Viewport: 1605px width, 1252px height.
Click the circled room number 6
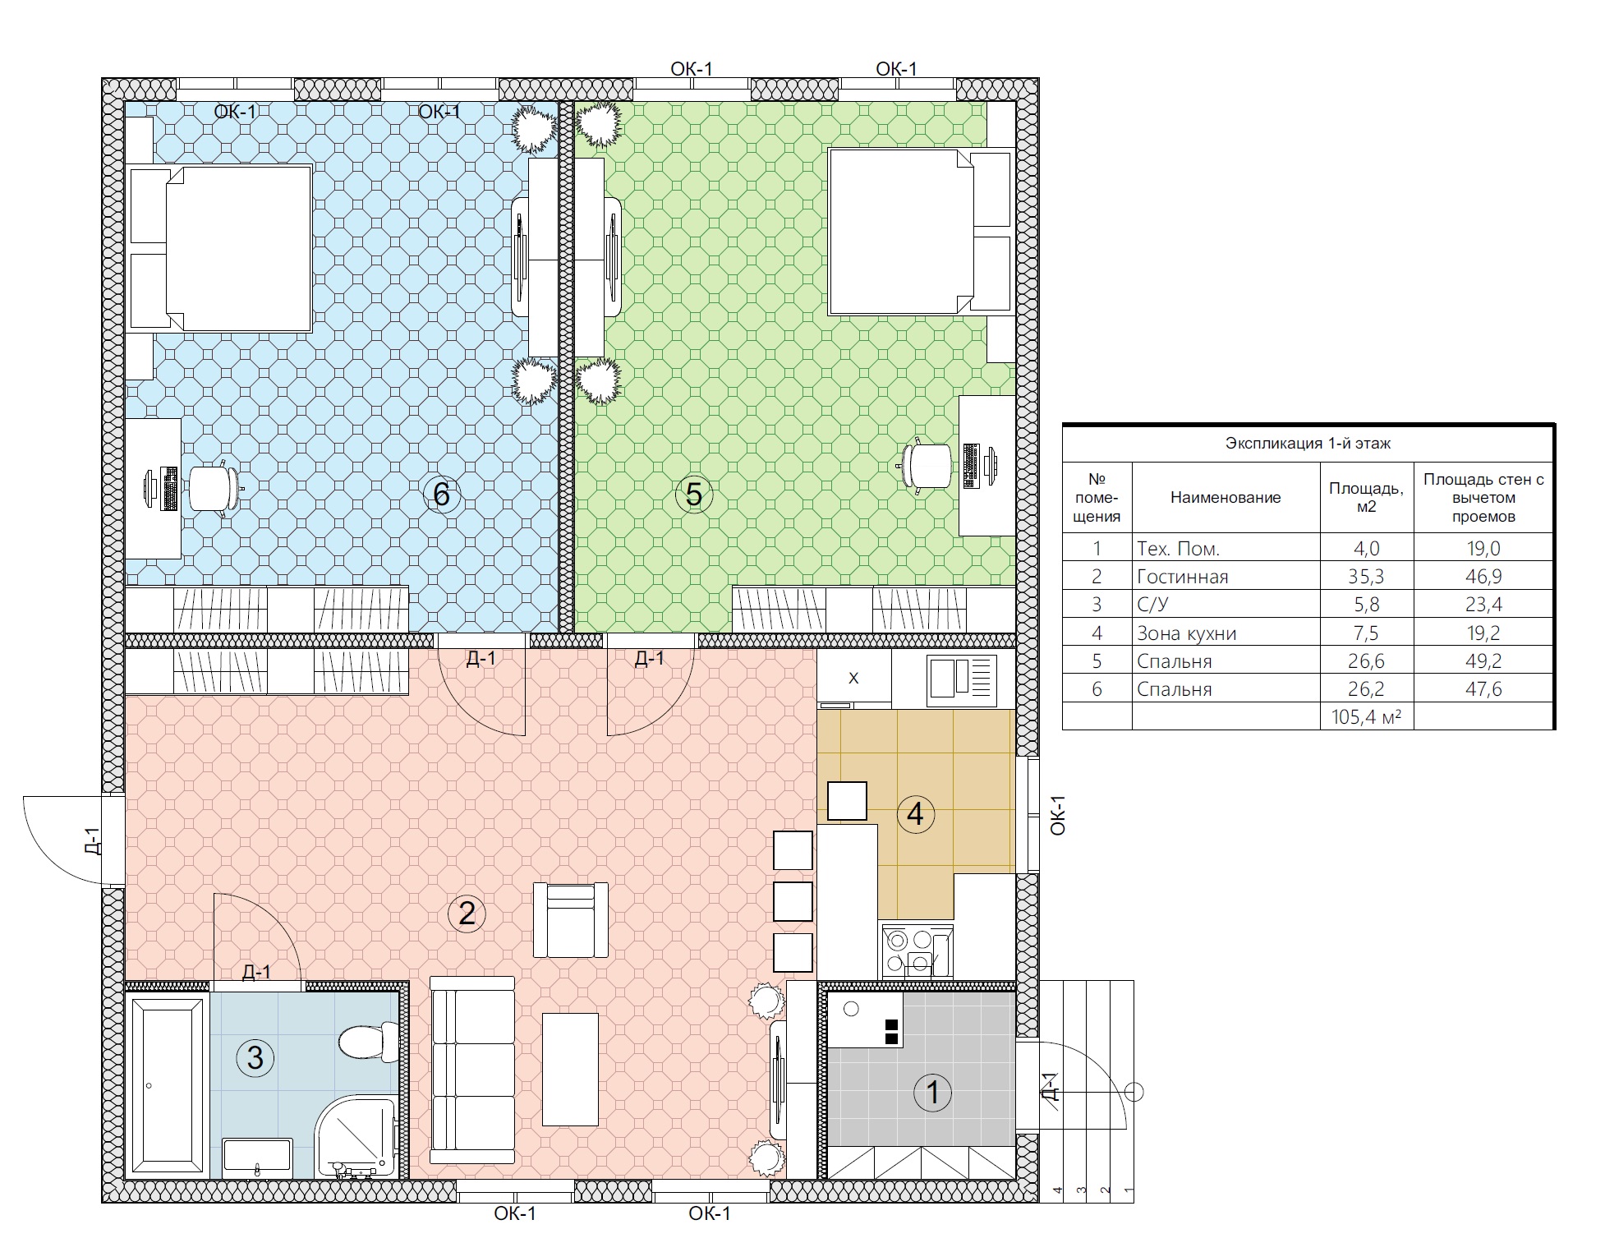coord(441,495)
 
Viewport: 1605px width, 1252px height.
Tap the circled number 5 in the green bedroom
coord(693,495)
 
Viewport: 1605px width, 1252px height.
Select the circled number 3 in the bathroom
coord(255,1058)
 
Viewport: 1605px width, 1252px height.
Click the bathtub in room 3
coord(168,1085)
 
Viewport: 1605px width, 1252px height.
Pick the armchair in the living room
coord(571,920)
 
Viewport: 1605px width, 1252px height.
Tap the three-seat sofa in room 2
coord(472,1070)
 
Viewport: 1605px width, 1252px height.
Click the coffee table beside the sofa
coord(570,1070)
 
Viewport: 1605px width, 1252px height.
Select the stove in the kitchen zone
coord(917,951)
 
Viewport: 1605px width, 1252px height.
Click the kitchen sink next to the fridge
coord(962,680)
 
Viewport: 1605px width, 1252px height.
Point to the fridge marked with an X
coord(854,678)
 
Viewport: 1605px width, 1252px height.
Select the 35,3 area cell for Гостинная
coord(1366,576)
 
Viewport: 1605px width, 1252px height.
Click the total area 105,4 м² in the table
coord(1366,716)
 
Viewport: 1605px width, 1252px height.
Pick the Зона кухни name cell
coord(1186,633)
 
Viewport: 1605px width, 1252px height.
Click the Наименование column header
coord(1226,497)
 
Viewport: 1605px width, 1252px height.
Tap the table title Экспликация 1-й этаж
coord(1308,444)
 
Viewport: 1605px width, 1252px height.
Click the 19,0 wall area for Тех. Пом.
coord(1483,548)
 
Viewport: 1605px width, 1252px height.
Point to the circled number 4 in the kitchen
coord(915,814)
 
